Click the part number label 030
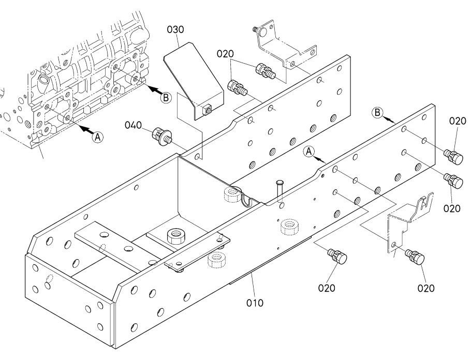(x=175, y=29)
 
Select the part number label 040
(x=133, y=125)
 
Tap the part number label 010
(x=255, y=303)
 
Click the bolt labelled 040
(x=162, y=137)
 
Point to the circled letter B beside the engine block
(x=166, y=98)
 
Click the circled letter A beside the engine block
(x=97, y=137)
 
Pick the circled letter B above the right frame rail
(x=377, y=113)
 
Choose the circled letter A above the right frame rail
(x=309, y=152)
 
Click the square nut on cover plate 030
(x=206, y=110)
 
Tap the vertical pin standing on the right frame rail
(x=280, y=191)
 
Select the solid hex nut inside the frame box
(x=175, y=236)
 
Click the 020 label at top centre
(x=225, y=54)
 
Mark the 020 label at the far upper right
(x=458, y=121)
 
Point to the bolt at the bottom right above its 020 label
(x=415, y=257)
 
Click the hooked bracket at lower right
(x=408, y=222)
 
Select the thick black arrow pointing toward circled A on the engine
(x=86, y=129)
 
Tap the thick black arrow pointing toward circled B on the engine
(x=155, y=89)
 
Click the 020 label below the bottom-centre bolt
(x=327, y=288)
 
